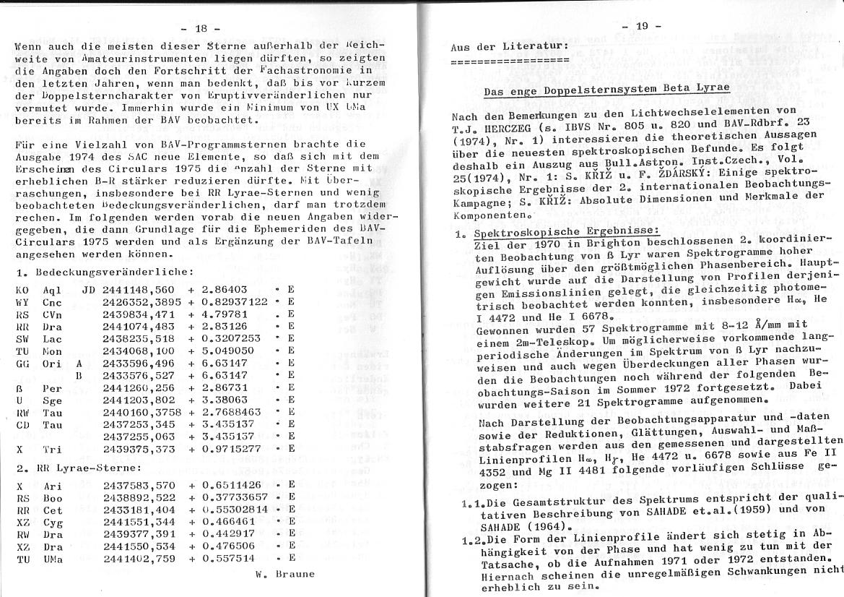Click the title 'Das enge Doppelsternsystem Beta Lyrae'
[606, 88]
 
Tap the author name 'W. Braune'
[285, 575]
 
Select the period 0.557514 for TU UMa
[228, 559]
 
